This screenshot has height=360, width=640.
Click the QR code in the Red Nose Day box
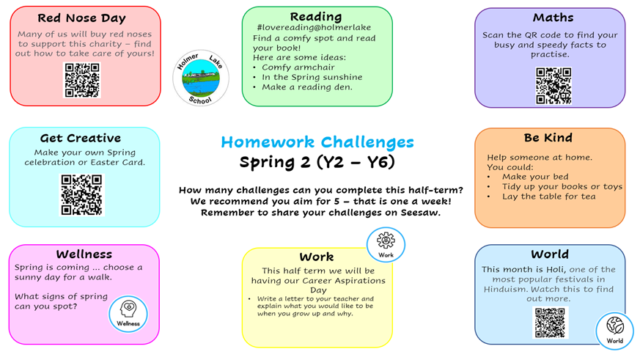tap(82, 80)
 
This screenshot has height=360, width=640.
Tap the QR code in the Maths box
tap(553, 86)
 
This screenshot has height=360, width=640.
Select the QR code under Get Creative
tap(81, 195)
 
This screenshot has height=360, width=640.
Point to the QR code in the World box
tap(551, 323)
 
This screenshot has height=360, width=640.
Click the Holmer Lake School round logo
tap(201, 78)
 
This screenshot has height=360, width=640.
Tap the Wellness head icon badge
tap(128, 315)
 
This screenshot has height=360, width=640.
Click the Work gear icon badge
tap(386, 245)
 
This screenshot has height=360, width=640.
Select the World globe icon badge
tap(614, 331)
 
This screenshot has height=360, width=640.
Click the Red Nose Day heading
tap(81, 18)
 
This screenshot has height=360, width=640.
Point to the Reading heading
tap(316, 17)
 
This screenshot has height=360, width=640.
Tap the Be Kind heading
tap(548, 138)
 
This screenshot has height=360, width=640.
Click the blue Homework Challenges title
tap(317, 142)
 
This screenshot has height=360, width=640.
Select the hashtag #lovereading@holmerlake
tap(314, 27)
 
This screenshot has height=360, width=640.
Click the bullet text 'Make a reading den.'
tap(307, 87)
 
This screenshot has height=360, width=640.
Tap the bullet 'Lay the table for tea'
tap(548, 196)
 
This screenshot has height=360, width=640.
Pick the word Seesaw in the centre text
tap(420, 213)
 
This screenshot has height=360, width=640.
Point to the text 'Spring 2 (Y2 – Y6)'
tap(317, 162)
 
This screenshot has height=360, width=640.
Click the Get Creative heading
tap(81, 139)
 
